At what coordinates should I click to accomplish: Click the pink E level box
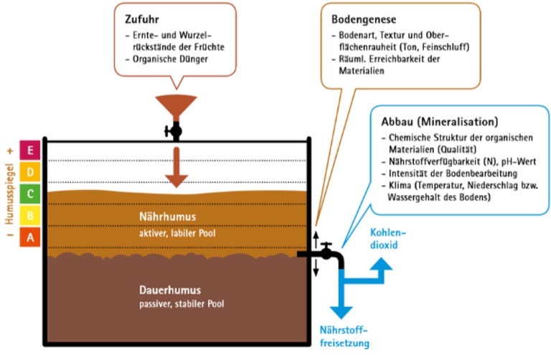tap(30, 151)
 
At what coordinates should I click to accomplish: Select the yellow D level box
tap(30, 172)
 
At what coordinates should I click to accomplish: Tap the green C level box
tap(30, 193)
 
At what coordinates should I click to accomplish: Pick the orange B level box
tap(30, 214)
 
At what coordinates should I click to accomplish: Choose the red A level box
tap(30, 236)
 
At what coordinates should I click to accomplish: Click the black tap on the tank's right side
tap(327, 253)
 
